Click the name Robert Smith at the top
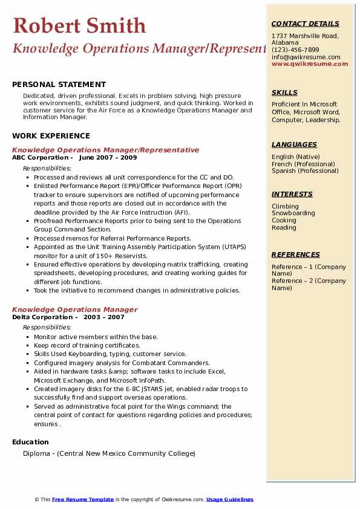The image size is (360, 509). [79, 25]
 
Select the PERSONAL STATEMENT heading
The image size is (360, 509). [59, 85]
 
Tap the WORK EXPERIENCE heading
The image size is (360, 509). [50, 136]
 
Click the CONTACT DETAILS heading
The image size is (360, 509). [306, 24]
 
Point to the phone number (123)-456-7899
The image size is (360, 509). [295, 50]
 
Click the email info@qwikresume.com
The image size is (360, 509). [306, 57]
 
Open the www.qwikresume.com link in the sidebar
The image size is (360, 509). [310, 63]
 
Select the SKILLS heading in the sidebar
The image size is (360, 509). [284, 92]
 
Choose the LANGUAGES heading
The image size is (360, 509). [294, 144]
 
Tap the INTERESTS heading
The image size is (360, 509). [292, 194]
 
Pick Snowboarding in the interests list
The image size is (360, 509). [293, 213]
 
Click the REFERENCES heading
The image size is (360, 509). [296, 254]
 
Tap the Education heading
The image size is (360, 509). [30, 442]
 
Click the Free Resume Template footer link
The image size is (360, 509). [83, 499]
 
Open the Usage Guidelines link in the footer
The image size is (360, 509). [229, 499]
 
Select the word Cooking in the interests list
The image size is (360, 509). [284, 221]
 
